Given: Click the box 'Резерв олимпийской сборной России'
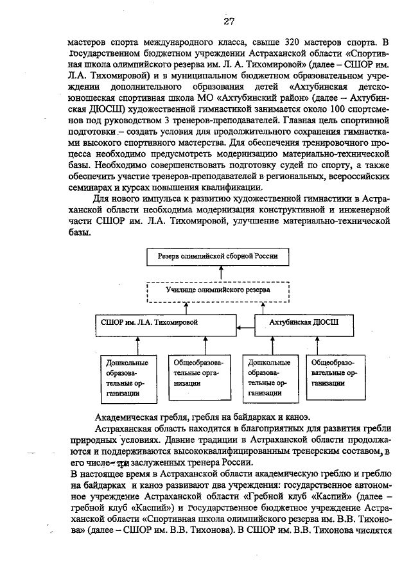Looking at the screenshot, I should click(x=220, y=256).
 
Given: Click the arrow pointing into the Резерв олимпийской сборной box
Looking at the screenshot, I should click(x=220, y=272).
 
